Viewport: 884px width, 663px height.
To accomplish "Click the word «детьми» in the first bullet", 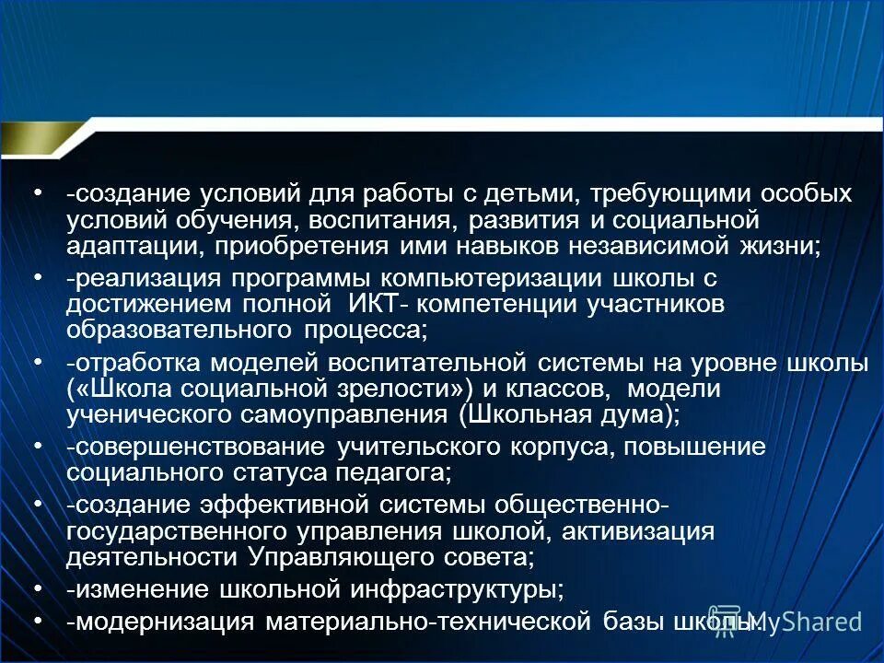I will [509, 194].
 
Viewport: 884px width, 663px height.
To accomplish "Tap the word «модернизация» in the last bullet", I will [165, 621].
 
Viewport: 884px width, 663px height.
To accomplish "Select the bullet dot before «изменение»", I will [38, 588].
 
